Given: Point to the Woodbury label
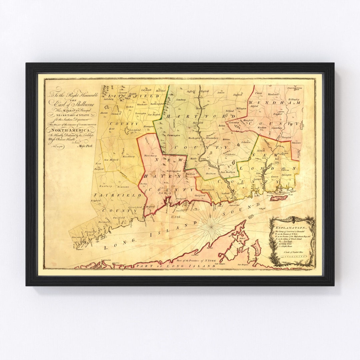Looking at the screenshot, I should pyautogui.click(x=128, y=156).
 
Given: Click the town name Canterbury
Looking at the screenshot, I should pyautogui.click(x=277, y=128).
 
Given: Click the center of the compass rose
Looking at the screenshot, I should pyautogui.click(x=212, y=225).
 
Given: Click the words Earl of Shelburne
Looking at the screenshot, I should pyautogui.click(x=71, y=102).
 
